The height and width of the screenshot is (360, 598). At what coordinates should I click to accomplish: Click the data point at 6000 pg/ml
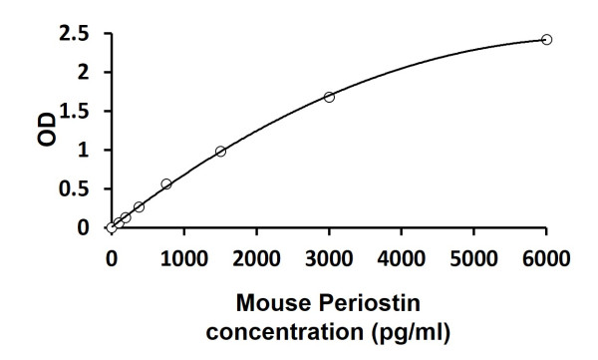[546, 39]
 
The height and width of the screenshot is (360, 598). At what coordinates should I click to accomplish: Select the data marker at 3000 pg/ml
[329, 97]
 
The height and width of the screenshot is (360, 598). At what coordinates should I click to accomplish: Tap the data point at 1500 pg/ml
[220, 152]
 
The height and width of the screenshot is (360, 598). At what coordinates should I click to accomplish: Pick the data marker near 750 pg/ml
[166, 183]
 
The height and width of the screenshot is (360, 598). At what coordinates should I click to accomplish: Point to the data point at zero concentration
[112, 227]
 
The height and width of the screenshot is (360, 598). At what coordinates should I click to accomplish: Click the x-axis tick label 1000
[183, 260]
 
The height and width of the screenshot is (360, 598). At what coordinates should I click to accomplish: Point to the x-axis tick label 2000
[256, 260]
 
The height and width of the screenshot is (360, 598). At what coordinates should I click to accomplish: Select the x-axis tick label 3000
[329, 260]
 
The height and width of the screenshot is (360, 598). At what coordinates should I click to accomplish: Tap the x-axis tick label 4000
[402, 260]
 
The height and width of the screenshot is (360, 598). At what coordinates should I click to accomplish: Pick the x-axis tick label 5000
[473, 260]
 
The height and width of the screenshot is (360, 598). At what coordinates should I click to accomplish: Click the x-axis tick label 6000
[546, 260]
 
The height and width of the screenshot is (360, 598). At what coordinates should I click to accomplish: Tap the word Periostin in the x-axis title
[362, 301]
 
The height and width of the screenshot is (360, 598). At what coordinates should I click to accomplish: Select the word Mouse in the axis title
[272, 301]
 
